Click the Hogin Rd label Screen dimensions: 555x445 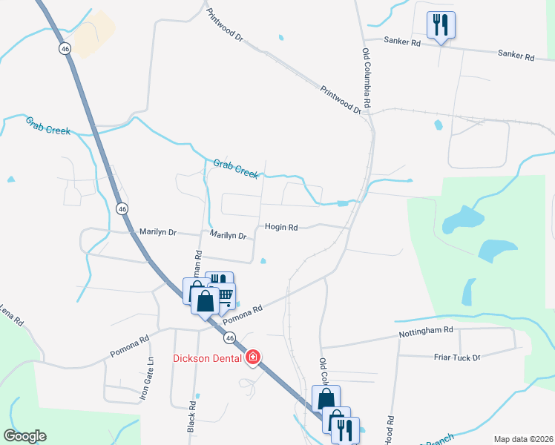coord(281,228)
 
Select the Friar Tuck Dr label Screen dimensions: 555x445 coord(456,357)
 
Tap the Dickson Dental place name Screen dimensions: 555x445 coord(208,358)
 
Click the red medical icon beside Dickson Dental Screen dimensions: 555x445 coord(253,357)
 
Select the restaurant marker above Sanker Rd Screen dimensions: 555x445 coord(441,25)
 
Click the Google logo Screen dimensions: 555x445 coord(24,436)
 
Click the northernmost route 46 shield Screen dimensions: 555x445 coord(65,48)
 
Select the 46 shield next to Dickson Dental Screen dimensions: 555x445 coord(231,338)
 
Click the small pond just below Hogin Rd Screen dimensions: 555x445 coord(263,260)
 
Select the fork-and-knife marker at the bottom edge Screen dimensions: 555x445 coord(345,429)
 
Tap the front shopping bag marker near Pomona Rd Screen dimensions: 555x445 coord(206,302)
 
